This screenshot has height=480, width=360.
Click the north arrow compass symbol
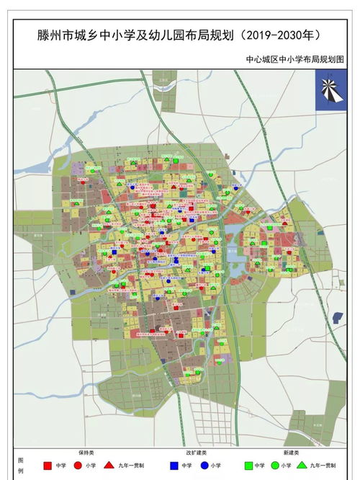click(x=330, y=90)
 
